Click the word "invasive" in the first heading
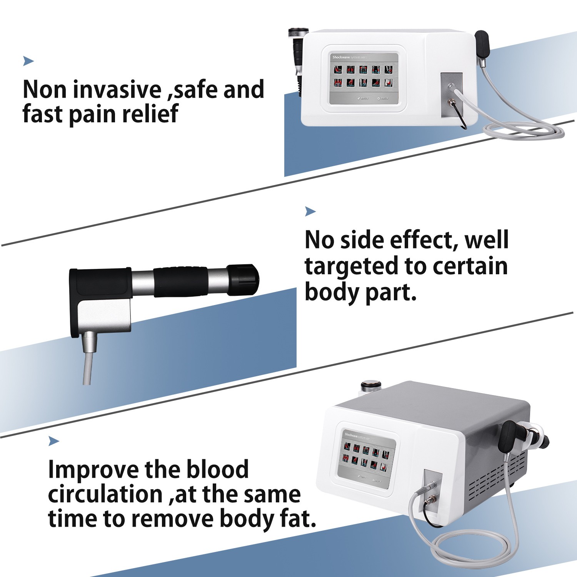point(117,89)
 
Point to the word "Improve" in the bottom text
point(92,470)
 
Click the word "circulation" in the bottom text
point(105,494)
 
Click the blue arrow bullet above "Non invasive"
point(28,61)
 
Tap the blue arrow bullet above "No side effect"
point(310,211)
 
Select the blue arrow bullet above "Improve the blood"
point(53,441)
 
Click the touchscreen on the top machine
point(364,78)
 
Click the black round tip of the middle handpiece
point(243,280)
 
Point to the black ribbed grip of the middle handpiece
point(181,281)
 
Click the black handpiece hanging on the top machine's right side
point(482,43)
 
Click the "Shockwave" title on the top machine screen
point(340,57)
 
